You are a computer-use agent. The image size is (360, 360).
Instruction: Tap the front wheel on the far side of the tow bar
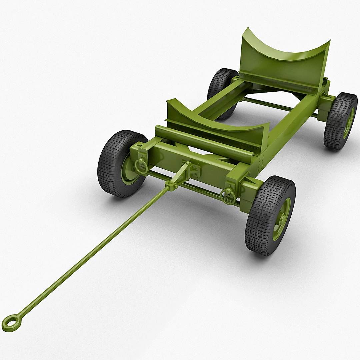pyautogui.click(x=117, y=163)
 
